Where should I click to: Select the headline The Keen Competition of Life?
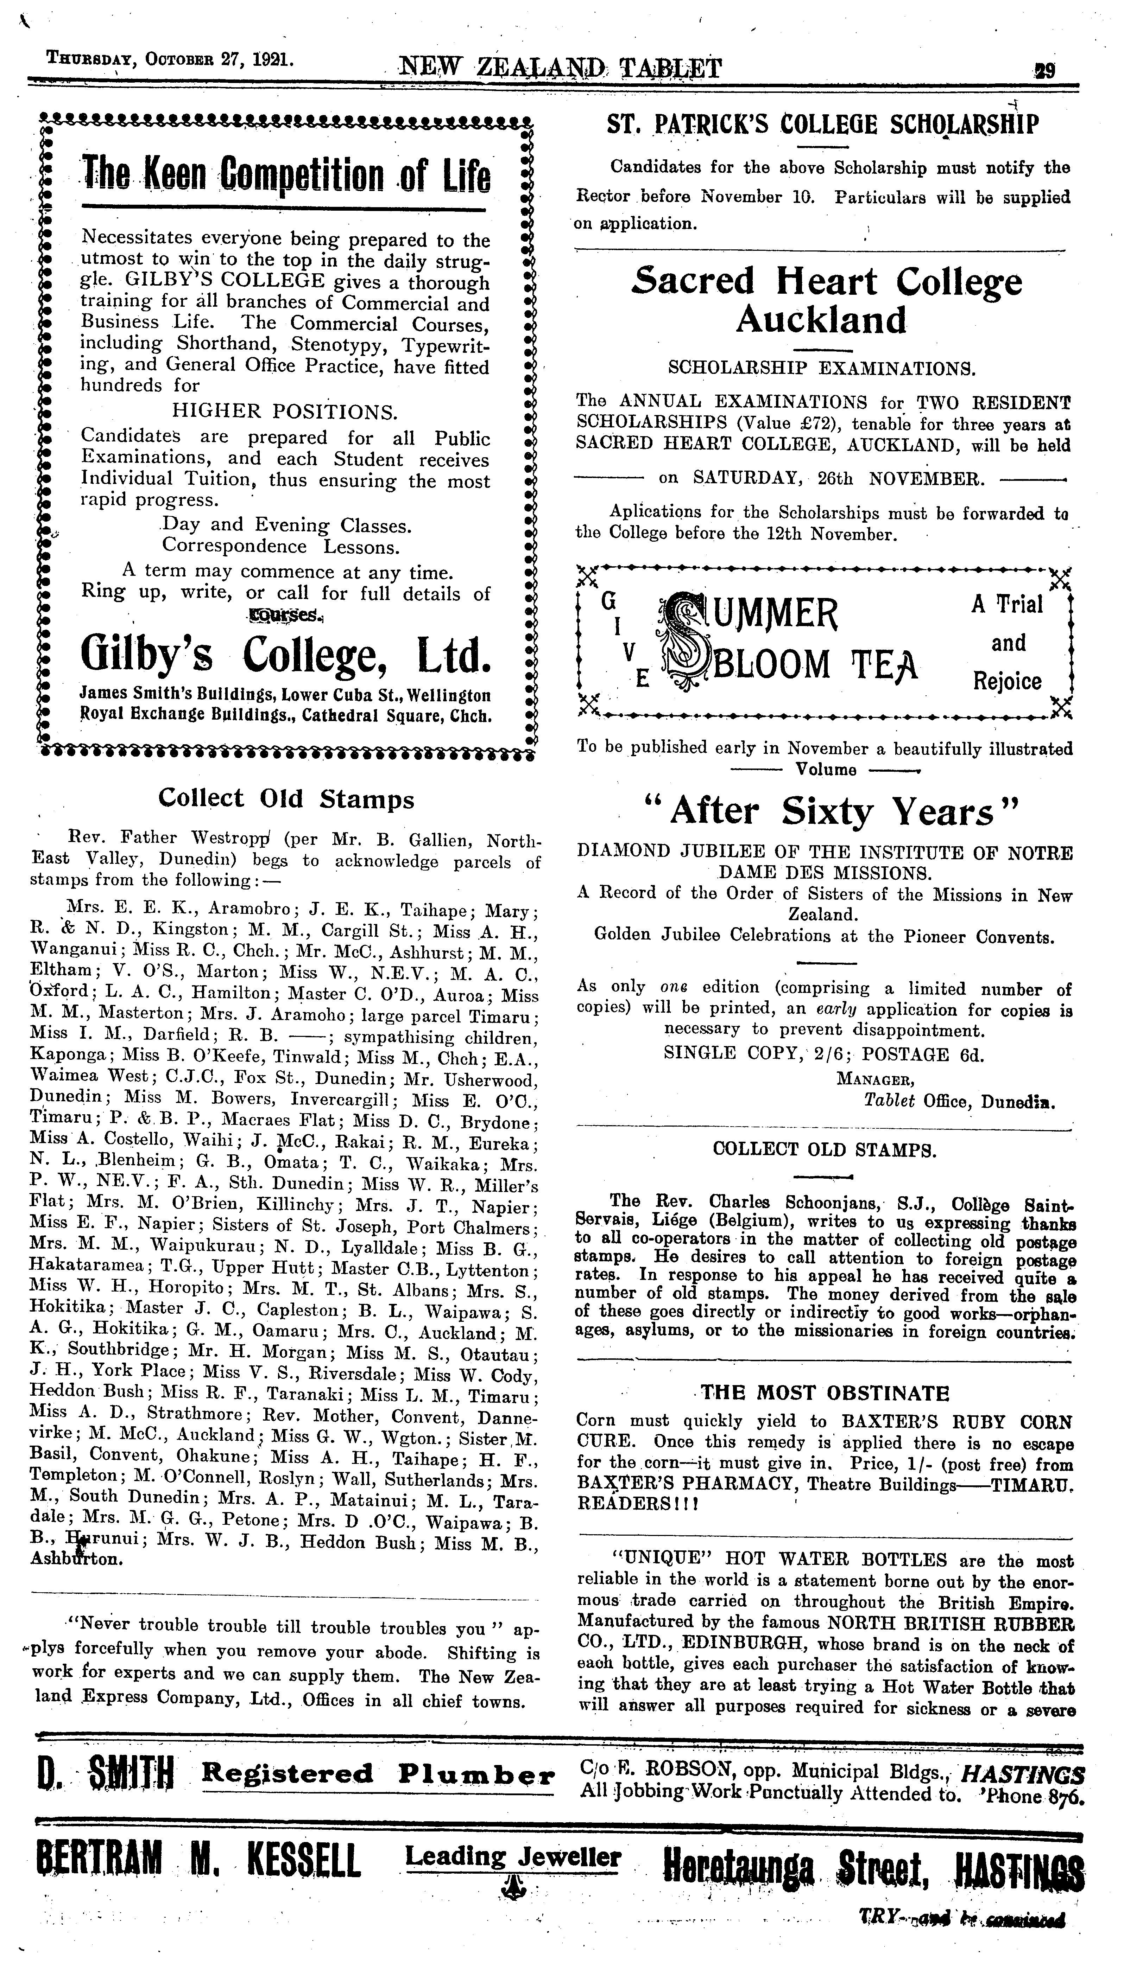pyautogui.click(x=286, y=176)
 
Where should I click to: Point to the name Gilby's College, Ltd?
pyautogui.click(x=286, y=655)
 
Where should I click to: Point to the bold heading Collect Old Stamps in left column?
pyautogui.click(x=286, y=799)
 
